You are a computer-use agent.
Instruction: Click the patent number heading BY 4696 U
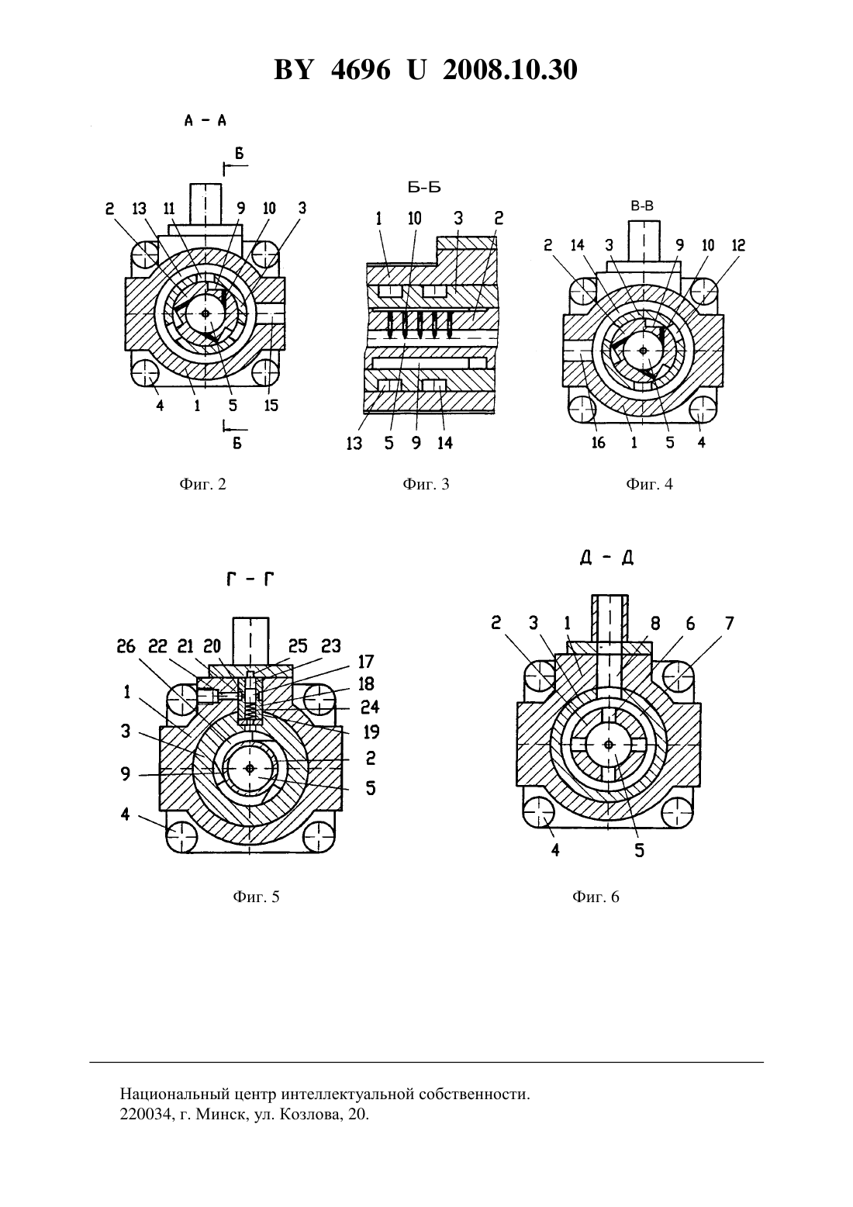click(350, 70)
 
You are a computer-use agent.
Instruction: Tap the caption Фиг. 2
click(202, 484)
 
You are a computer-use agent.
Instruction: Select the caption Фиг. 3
click(426, 484)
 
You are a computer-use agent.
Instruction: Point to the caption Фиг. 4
click(649, 484)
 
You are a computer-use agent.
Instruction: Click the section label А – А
click(205, 120)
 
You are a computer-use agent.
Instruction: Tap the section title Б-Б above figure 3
click(424, 187)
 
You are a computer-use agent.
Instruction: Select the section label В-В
click(642, 206)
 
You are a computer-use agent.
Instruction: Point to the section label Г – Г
click(250, 579)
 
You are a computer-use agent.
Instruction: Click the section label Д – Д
click(607, 559)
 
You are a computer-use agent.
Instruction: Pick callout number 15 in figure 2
click(271, 405)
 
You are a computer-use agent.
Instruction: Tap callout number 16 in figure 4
click(599, 443)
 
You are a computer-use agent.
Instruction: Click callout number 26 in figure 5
click(126, 646)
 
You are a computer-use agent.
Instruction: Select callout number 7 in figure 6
click(729, 624)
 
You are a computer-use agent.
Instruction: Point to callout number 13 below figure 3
click(354, 443)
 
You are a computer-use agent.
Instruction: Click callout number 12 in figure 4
click(738, 245)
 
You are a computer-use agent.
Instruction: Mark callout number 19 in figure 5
click(371, 731)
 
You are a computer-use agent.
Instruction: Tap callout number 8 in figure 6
click(655, 624)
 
